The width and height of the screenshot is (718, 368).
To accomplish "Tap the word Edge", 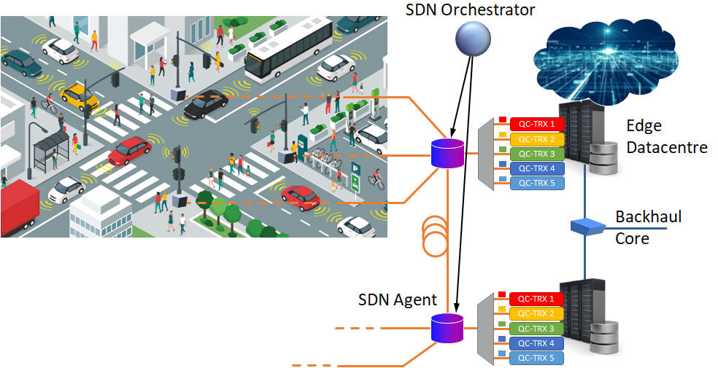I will [644, 125].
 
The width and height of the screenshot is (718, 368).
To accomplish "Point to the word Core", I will [632, 238].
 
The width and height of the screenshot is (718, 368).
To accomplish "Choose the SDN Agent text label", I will [398, 300].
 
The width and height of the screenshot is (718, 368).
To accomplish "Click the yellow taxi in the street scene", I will [79, 95].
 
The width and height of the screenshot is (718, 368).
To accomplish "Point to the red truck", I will [19, 210].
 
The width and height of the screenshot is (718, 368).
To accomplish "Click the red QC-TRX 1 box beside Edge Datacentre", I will [537, 124].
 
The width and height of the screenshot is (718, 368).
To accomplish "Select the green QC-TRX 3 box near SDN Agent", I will [537, 329].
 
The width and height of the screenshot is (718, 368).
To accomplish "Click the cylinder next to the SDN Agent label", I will [447, 328].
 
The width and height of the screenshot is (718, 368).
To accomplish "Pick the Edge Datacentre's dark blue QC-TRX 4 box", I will [537, 168].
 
